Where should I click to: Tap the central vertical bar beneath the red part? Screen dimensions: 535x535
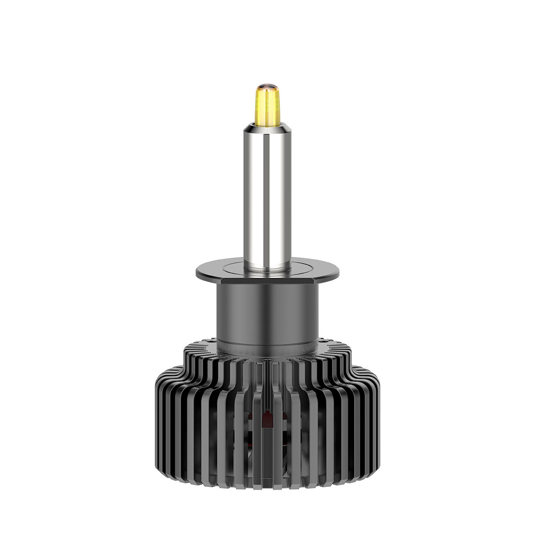[267, 450]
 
